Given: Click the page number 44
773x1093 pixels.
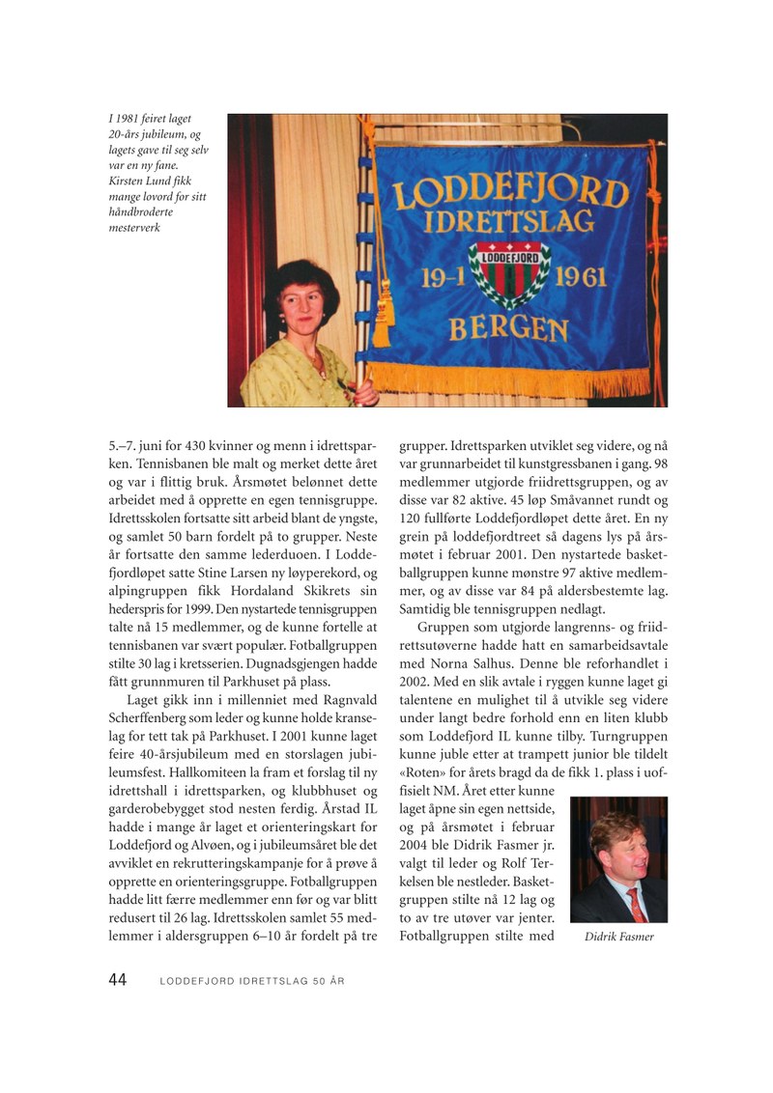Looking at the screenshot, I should [117, 980].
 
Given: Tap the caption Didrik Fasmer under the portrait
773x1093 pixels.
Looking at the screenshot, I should [619, 937].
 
